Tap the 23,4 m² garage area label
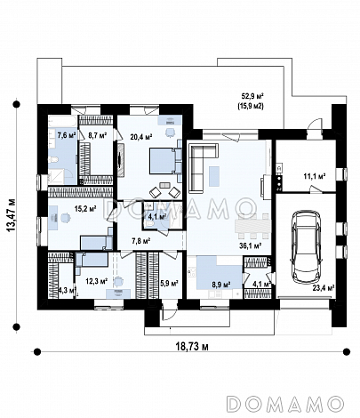(324, 288)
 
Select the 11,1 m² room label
(315, 177)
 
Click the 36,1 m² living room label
(250, 245)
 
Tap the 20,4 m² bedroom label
(141, 137)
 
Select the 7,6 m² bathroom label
(67, 135)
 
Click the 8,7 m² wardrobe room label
(98, 135)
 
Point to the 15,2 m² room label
(85, 209)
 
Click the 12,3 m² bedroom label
(96, 281)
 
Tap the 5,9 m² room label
(169, 284)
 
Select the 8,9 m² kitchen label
(221, 285)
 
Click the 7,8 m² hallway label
(140, 241)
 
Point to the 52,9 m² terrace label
(252, 96)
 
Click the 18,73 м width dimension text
(192, 347)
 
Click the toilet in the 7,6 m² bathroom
(54, 160)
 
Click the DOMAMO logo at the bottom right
(285, 404)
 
